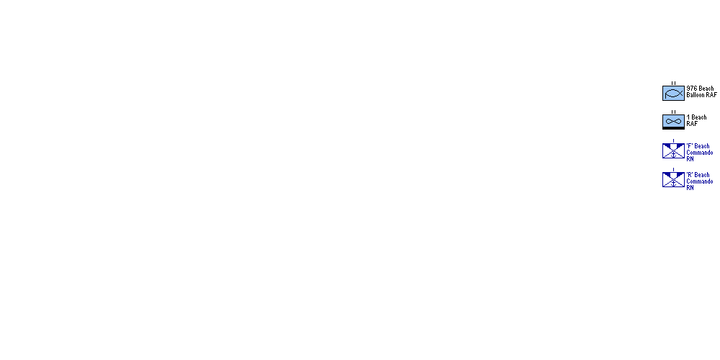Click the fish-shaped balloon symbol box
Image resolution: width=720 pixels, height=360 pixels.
point(673,93)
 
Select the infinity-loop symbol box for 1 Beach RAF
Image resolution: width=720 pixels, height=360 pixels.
point(673,122)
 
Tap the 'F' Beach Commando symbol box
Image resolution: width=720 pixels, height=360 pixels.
point(673,150)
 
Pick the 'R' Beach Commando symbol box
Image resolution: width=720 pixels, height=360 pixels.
point(673,179)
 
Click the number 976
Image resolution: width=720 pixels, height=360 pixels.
point(691,89)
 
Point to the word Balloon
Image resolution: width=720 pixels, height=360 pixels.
point(696,95)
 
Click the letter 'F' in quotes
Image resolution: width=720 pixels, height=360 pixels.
point(689,146)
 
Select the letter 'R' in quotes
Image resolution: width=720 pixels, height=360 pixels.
point(690,175)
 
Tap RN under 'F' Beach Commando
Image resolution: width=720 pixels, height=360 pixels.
point(690,159)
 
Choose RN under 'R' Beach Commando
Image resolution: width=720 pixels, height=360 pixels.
point(690,188)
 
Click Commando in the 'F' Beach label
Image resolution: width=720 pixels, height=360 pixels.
point(700,153)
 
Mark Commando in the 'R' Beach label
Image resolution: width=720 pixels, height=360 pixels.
point(700,181)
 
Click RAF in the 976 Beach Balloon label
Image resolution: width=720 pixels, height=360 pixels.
point(712,95)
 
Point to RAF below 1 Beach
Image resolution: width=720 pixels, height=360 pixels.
point(692,124)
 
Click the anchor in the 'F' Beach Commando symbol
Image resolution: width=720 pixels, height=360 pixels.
point(674,154)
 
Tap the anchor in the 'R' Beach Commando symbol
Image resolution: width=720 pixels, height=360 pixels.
point(674,183)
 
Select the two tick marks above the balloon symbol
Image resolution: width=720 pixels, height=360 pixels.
point(674,84)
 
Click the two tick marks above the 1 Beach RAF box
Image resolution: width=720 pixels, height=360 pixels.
point(674,112)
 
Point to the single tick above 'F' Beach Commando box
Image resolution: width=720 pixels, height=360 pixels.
point(674,141)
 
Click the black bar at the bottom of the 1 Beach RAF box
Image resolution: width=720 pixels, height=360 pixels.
point(673,128)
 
